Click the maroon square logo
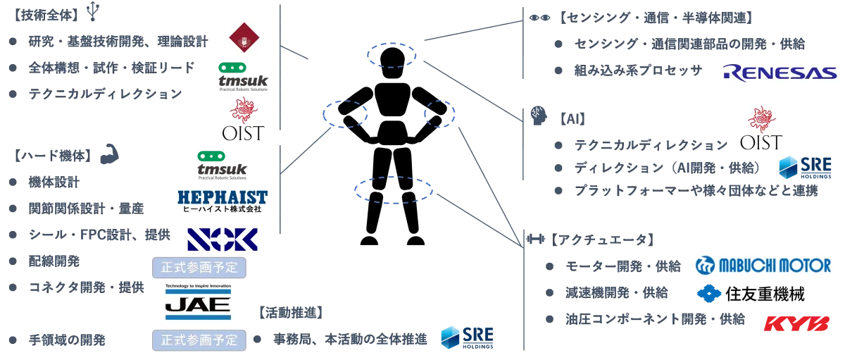(x=242, y=39)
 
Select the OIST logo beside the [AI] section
(x=762, y=127)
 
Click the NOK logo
(x=222, y=240)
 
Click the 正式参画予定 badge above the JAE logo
(x=199, y=268)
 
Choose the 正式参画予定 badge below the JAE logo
(x=199, y=340)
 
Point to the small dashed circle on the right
(x=436, y=113)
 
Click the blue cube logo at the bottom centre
(x=451, y=337)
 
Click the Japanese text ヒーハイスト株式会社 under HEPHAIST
(x=221, y=209)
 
